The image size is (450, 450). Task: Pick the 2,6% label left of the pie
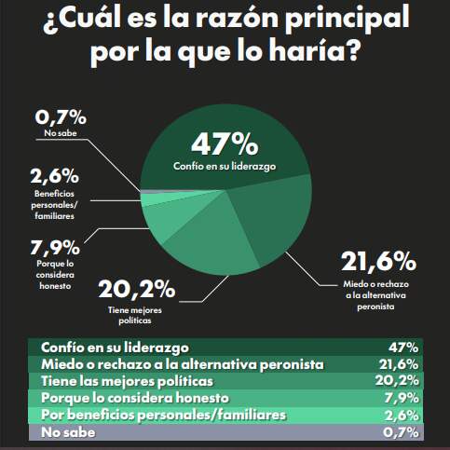click(x=55, y=175)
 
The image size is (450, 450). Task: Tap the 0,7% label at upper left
click(x=61, y=118)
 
